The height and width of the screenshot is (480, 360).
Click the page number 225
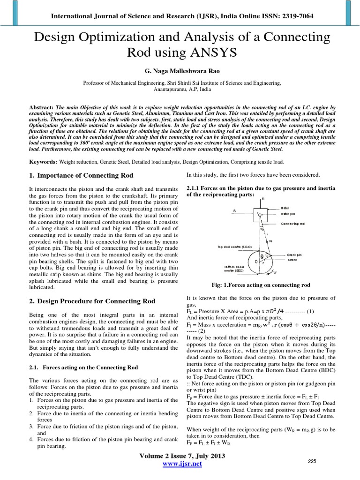[312, 462]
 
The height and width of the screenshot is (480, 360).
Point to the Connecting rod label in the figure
[292, 224]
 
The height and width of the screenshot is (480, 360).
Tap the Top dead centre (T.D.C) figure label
[235, 247]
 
